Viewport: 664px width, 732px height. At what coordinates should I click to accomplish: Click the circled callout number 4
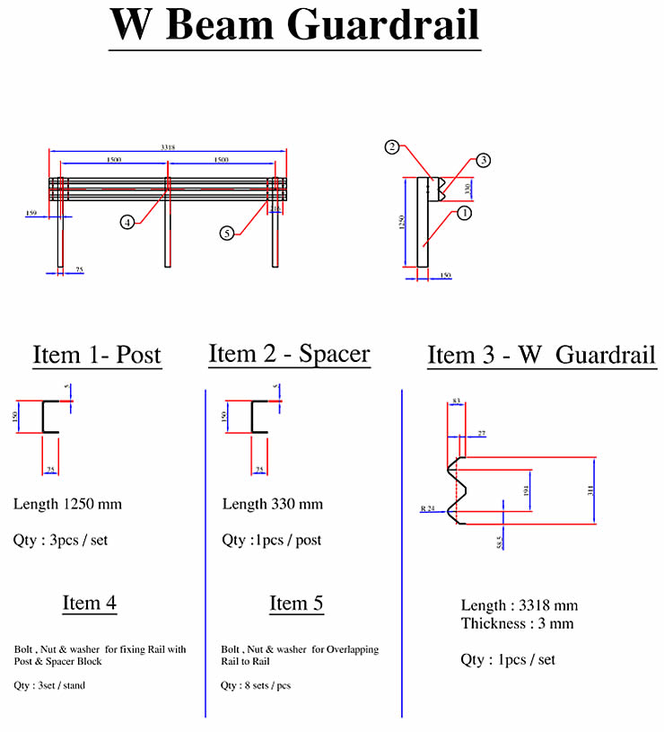(x=128, y=222)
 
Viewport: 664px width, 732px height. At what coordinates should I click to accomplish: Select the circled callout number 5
(x=227, y=233)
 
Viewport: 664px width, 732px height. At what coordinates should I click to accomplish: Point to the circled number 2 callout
(x=391, y=147)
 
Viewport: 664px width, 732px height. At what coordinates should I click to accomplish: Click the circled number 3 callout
(x=483, y=161)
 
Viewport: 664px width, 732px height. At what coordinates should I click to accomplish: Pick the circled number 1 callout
(x=464, y=213)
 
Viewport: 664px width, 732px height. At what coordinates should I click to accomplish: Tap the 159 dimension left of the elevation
(x=32, y=214)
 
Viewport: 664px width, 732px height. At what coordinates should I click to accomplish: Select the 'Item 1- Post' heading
(x=97, y=355)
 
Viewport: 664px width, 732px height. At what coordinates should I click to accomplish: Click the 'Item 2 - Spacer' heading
(x=289, y=353)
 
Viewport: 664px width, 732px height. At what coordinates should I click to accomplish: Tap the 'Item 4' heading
(x=89, y=603)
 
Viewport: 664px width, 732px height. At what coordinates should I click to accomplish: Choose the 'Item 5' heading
(x=296, y=604)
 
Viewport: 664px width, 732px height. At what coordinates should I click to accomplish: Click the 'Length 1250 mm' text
(x=68, y=504)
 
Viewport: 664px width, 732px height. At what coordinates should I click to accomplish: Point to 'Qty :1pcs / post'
(x=272, y=540)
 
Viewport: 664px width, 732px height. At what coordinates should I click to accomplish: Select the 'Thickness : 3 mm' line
(x=518, y=623)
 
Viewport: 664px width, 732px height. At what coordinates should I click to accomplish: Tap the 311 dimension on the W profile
(x=591, y=489)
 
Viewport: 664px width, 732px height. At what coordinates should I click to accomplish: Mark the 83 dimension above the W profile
(x=456, y=401)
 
